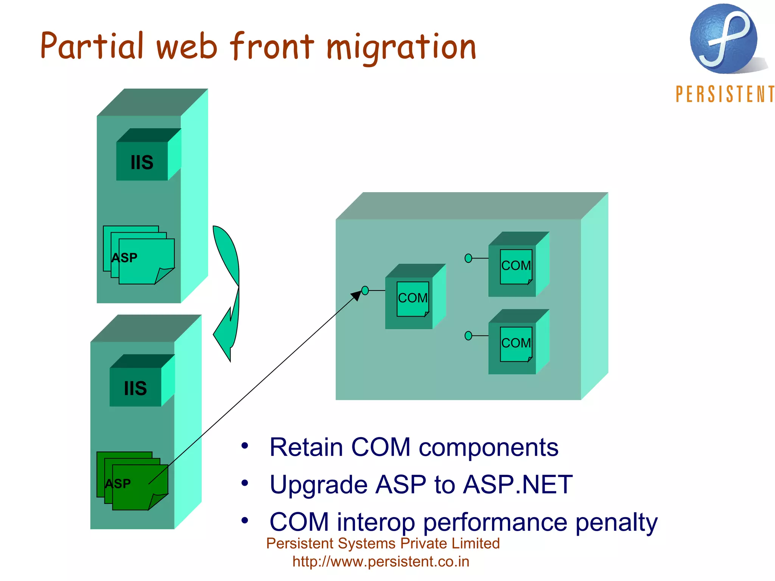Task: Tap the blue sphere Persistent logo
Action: pos(723,39)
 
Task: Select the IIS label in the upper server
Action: pos(142,162)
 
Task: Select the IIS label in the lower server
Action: pos(135,388)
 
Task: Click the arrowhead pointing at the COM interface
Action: pos(356,295)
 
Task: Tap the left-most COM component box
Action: pos(413,298)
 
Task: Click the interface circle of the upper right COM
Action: pos(468,258)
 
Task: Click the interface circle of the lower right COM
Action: pos(468,336)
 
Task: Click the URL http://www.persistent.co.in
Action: pos(381,562)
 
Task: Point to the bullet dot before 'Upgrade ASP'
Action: pos(245,483)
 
